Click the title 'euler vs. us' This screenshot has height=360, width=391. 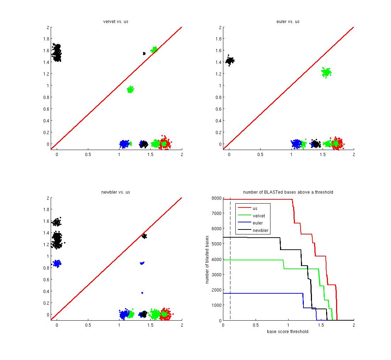(288, 22)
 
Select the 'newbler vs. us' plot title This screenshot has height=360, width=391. (116, 192)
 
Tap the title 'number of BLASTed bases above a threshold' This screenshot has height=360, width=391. (288, 192)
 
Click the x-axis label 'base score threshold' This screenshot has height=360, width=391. (287, 332)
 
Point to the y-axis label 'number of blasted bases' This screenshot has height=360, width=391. (207, 259)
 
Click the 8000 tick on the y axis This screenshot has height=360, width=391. (216, 198)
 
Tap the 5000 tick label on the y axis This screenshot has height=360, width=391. (216, 244)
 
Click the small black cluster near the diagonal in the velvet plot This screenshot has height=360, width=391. (144, 54)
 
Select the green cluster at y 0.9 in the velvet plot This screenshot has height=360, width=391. (130, 89)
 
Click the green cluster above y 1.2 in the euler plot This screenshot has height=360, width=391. (326, 73)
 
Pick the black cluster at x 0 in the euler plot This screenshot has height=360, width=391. (230, 61)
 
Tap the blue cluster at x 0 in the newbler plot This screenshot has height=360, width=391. (56, 263)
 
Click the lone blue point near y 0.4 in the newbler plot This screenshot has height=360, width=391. (142, 293)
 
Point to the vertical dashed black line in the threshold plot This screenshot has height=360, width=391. (230, 259)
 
